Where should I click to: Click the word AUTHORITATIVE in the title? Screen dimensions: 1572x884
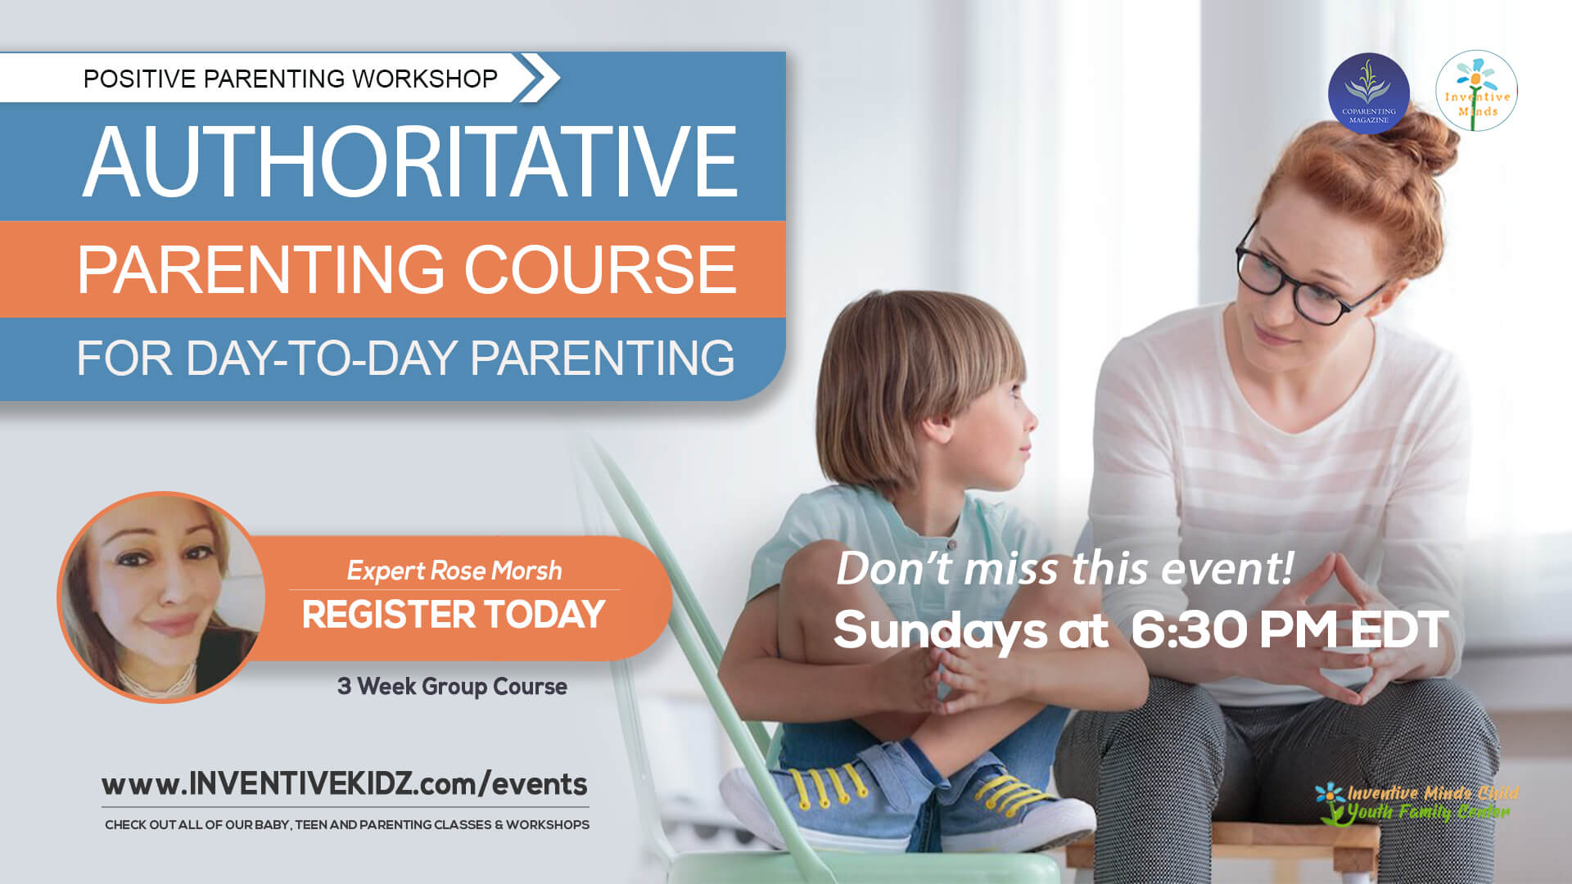(x=410, y=162)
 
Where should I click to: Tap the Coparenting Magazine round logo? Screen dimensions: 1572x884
(x=1368, y=93)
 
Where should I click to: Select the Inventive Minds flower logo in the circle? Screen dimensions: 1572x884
(x=1476, y=91)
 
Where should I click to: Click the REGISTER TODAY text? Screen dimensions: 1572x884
(x=453, y=615)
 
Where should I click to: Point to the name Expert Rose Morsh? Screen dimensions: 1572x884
(x=454, y=571)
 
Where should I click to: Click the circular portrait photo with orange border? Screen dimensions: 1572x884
(x=161, y=597)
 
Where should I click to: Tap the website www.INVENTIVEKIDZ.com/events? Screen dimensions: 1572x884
(x=344, y=784)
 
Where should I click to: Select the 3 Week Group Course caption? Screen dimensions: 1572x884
(x=452, y=686)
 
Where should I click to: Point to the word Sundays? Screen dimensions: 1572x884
(x=940, y=631)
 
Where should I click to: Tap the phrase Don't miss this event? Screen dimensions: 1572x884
(x=1064, y=568)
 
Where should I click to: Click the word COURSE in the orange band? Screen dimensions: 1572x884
(x=600, y=269)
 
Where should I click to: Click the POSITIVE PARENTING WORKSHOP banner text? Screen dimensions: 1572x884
(x=291, y=79)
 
